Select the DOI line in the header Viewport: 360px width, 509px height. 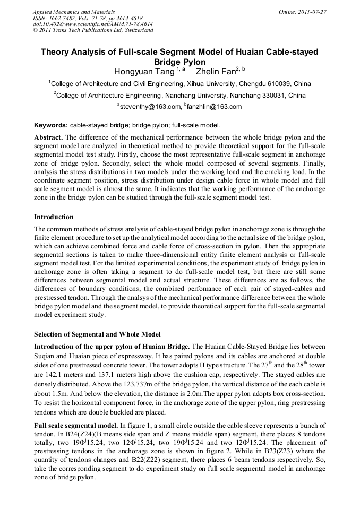click(x=92, y=24)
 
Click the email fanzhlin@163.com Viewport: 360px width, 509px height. click(x=215, y=107)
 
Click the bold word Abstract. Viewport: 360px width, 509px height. click(x=48, y=137)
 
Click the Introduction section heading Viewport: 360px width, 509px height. click(x=54, y=217)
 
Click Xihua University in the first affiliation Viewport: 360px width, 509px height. click(x=205, y=84)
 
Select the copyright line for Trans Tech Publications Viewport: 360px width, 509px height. click(x=93, y=30)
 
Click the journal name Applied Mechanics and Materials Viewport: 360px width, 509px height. click(x=74, y=11)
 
